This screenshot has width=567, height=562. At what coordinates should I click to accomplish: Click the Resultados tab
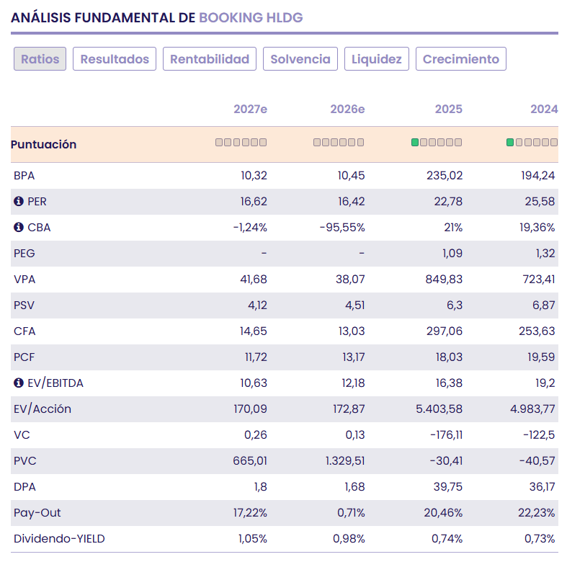tap(115, 58)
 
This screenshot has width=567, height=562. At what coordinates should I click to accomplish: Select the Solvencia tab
tap(300, 58)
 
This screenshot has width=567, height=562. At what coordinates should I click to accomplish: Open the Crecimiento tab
tap(460, 58)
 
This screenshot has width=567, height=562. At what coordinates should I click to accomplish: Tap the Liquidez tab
tap(376, 58)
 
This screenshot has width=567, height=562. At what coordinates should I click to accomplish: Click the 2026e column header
tap(347, 109)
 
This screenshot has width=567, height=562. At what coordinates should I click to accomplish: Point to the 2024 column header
tap(544, 109)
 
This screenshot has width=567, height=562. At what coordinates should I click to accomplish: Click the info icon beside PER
tap(19, 201)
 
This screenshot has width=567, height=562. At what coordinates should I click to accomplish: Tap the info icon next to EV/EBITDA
tap(19, 383)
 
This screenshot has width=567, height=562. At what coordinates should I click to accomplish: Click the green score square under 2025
tap(415, 143)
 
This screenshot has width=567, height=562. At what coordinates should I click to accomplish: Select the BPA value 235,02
tap(444, 175)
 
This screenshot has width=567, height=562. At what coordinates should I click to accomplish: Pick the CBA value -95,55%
tap(342, 228)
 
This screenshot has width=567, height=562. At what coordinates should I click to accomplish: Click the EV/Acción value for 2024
tap(532, 409)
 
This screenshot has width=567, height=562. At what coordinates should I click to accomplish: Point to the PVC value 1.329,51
tap(345, 460)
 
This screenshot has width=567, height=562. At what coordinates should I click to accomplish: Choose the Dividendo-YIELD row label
tap(59, 538)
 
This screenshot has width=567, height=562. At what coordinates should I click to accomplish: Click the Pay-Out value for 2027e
tap(250, 512)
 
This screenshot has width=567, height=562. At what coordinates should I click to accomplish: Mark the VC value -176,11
tap(446, 434)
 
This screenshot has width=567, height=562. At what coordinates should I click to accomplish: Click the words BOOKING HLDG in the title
tap(251, 18)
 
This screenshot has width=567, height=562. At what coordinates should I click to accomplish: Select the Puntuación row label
tap(43, 144)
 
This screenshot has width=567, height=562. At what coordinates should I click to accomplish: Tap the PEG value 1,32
tap(545, 253)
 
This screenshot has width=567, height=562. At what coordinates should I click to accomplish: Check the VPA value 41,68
tap(254, 279)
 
